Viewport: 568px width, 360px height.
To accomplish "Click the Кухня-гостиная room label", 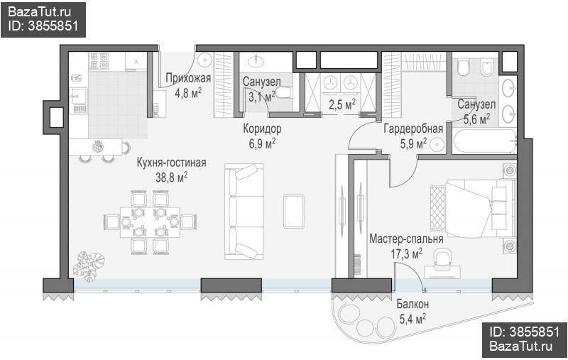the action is pyautogui.click(x=171, y=163).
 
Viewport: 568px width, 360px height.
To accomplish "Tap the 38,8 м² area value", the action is pyautogui.click(x=171, y=178).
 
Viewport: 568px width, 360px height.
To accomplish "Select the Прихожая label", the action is pyautogui.click(x=188, y=78).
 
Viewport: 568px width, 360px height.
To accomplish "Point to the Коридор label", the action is pyautogui.click(x=262, y=129).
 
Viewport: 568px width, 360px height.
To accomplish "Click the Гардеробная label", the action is pyautogui.click(x=413, y=129).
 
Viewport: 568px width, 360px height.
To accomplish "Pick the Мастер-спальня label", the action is pyautogui.click(x=406, y=239).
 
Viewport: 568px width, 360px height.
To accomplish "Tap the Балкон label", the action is pyautogui.click(x=413, y=304).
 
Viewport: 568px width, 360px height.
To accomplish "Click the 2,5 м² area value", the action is pyautogui.click(x=342, y=104).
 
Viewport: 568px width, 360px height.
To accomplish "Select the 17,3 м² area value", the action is pyautogui.click(x=406, y=253).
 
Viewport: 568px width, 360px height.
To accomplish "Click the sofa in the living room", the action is pyautogui.click(x=244, y=212).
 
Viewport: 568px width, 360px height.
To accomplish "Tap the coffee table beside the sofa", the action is pyautogui.click(x=294, y=211).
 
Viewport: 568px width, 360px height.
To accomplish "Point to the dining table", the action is pyautogui.click(x=150, y=222).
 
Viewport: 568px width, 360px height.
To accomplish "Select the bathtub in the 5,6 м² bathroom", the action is pyautogui.click(x=484, y=142).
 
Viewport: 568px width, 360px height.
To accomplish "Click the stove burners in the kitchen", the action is pyautogui.click(x=99, y=61).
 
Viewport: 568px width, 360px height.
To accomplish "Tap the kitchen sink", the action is pyautogui.click(x=78, y=97).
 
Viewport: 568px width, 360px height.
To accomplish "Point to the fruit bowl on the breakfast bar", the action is pyautogui.click(x=98, y=146).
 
